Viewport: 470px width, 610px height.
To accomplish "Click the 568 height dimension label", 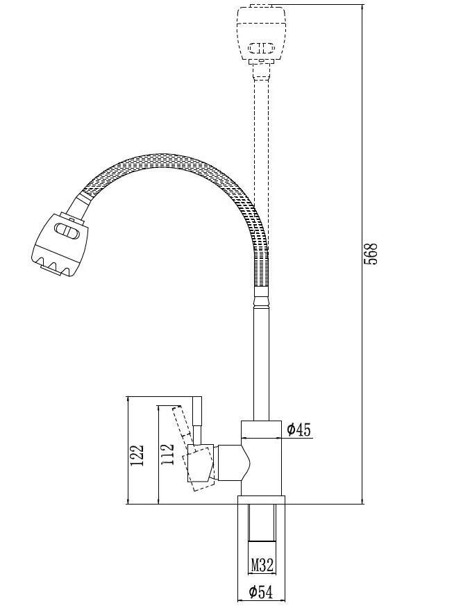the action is point(371,254).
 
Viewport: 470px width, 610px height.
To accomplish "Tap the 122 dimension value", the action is point(137,455).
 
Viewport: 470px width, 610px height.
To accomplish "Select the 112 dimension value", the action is point(167,454).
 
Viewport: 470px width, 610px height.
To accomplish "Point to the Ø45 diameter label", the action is point(299,430).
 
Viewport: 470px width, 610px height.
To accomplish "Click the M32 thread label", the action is point(262,564).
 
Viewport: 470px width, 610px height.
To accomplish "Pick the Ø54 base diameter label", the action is point(261,593).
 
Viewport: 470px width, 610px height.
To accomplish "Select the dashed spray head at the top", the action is point(262,33).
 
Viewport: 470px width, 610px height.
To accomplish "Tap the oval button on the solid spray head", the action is point(67,230).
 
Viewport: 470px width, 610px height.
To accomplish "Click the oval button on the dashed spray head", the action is point(262,49).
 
